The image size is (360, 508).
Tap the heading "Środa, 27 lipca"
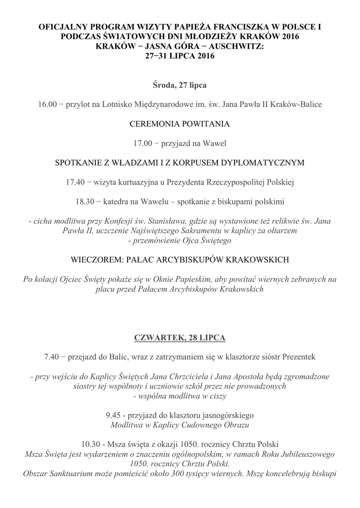[180, 85]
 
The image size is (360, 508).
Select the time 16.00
[48, 104]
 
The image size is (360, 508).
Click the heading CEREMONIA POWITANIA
[180, 124]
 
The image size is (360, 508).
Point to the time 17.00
[143, 143]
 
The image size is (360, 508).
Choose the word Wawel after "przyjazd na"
[215, 143]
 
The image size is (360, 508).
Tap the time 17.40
[75, 182]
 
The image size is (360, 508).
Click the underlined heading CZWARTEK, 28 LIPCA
[180, 337]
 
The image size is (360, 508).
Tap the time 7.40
[54, 357]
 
